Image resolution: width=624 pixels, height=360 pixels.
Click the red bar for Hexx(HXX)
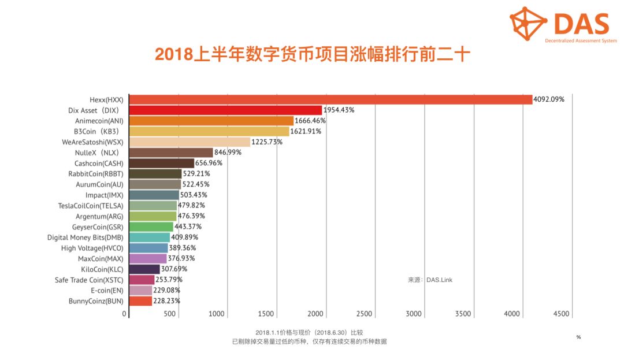coord(330,99)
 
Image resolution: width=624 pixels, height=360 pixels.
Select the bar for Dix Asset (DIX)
coord(225,110)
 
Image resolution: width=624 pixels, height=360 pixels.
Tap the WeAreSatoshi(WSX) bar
coord(190,142)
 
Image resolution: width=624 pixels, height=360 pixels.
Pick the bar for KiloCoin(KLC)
coord(144,269)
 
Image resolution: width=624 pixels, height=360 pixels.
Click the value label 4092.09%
coord(549,99)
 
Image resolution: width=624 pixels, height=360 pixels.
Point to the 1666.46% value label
coord(310,121)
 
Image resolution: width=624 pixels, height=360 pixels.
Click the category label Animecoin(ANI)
coord(99,121)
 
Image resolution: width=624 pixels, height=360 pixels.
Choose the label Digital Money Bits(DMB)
coord(86,237)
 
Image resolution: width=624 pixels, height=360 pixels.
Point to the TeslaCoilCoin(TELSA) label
coord(91,205)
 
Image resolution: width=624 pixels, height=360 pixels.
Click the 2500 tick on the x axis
coord(365,314)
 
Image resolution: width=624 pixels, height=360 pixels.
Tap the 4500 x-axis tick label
coord(561,314)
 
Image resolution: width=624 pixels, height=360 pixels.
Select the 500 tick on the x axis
coord(169,314)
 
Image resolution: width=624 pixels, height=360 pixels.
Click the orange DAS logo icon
coord(528,23)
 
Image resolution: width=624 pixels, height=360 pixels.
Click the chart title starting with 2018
coord(313,55)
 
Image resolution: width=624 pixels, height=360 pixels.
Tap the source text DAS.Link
coord(440,280)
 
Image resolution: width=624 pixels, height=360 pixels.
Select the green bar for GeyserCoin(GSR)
coord(151,227)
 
